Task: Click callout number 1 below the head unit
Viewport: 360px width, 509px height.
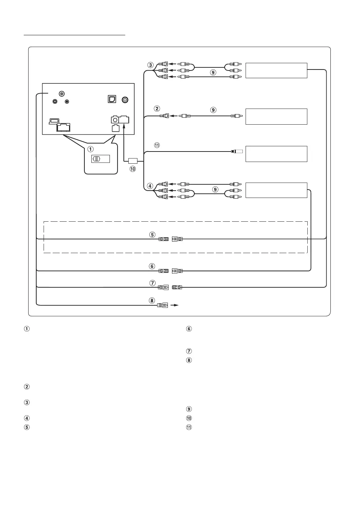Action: [x=91, y=149]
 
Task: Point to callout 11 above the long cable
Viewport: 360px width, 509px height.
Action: [x=157, y=146]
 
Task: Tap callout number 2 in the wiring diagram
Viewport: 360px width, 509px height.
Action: [x=157, y=109]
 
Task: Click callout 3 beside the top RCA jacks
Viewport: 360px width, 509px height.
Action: [x=150, y=65]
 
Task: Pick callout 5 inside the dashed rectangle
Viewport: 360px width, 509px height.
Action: [x=152, y=235]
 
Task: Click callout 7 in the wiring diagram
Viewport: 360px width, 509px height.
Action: [x=152, y=283]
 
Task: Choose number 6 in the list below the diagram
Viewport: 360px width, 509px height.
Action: [x=189, y=329]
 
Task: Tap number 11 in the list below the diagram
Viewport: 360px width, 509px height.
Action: [x=189, y=427]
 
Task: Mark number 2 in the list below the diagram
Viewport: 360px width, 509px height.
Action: [x=27, y=387]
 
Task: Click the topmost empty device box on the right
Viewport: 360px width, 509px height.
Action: [x=276, y=71]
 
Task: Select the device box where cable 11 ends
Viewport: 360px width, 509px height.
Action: [x=276, y=154]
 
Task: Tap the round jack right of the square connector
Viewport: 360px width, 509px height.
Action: [x=125, y=99]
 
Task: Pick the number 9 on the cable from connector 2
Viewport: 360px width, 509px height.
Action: [x=213, y=110]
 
